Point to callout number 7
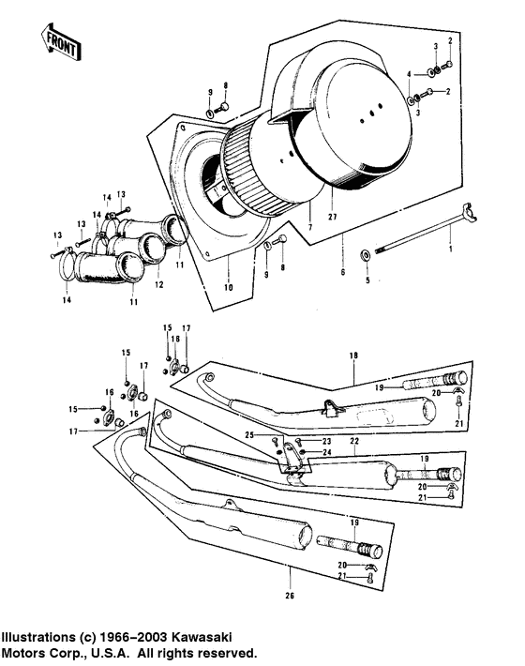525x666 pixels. [x=309, y=228]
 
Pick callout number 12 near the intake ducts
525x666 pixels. [x=159, y=284]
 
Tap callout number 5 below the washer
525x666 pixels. [x=367, y=280]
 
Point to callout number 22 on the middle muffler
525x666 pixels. [x=354, y=440]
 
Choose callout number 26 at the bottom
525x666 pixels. [x=289, y=593]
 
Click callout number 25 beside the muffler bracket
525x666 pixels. [x=250, y=435]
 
